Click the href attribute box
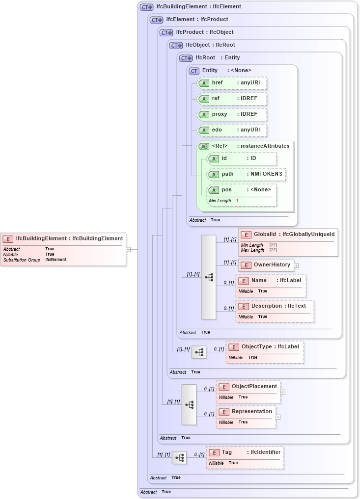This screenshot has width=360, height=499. (x=231, y=83)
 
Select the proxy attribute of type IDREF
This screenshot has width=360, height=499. (x=231, y=114)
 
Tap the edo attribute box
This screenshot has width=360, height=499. (x=231, y=130)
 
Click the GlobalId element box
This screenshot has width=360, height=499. (x=288, y=241)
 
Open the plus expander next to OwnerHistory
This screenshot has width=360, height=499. (x=296, y=265)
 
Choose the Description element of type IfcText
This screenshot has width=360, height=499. (x=275, y=311)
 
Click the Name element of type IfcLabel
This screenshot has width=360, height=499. (x=271, y=286)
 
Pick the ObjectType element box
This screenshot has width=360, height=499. (x=265, y=352)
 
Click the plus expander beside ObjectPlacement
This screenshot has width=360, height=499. (x=283, y=392)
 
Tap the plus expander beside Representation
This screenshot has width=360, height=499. (x=278, y=417)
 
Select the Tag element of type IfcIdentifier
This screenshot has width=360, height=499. (x=245, y=457)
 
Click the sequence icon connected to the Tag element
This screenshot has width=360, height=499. (x=179, y=458)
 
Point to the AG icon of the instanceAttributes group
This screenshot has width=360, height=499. (x=203, y=146)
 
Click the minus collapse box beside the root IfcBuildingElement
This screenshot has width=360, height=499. (x=128, y=249)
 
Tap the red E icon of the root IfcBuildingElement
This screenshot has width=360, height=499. (x=8, y=239)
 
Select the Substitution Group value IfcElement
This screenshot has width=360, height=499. (x=55, y=260)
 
